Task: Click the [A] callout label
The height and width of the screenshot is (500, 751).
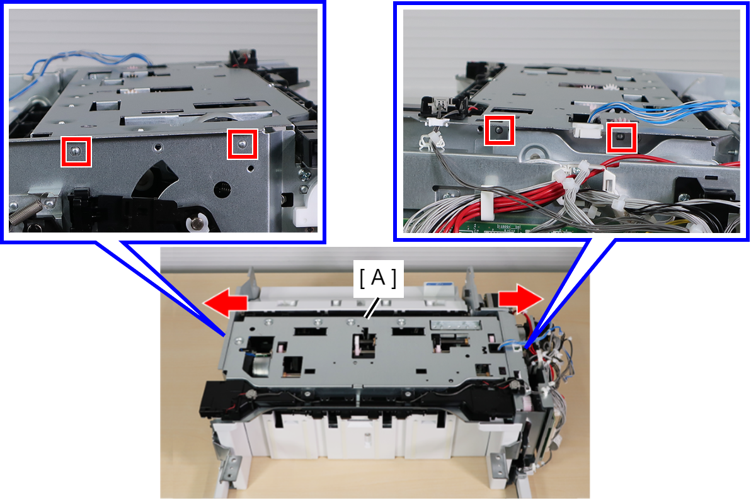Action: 378,278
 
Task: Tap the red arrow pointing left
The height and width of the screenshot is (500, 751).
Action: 225,303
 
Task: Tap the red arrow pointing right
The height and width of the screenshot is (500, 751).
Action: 520,299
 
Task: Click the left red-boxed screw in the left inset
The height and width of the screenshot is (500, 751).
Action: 75,151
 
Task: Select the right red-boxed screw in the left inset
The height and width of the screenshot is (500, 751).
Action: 243,143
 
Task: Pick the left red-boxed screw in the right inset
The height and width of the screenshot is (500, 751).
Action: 499,130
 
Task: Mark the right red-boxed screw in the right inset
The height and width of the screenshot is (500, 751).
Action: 621,137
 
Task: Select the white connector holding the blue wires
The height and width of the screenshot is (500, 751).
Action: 587,130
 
